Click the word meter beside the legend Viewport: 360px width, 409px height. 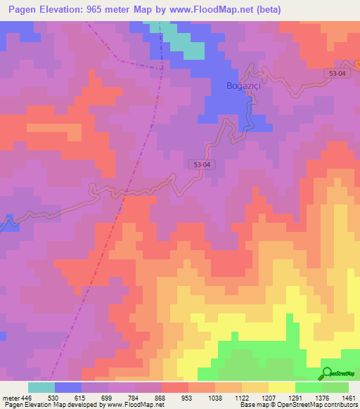tap(9, 397)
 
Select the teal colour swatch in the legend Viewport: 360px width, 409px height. tap(41, 387)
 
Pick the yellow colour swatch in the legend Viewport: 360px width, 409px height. tap(281, 387)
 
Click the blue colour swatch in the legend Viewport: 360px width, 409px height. tap(68, 387)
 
